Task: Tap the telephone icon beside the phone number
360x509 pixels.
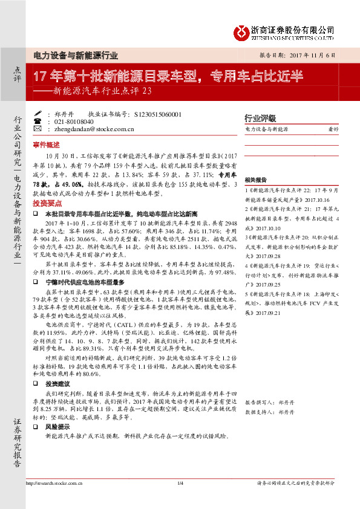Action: (38, 121)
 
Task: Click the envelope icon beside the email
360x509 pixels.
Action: (38, 128)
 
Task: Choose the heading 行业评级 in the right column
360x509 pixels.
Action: (260, 118)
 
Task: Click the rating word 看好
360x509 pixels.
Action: (332, 129)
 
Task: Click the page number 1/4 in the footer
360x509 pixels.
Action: (180, 482)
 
